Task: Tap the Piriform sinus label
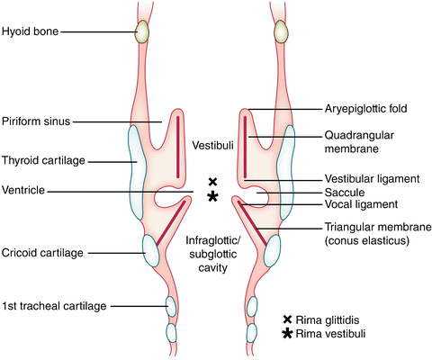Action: pos(36,121)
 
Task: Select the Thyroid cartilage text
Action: pos(42,162)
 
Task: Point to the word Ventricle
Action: pos(24,191)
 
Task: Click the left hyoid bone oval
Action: pos(142,32)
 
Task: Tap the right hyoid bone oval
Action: pos(283,32)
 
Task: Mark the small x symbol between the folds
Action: pos(212,181)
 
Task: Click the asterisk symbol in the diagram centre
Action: pos(212,196)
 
